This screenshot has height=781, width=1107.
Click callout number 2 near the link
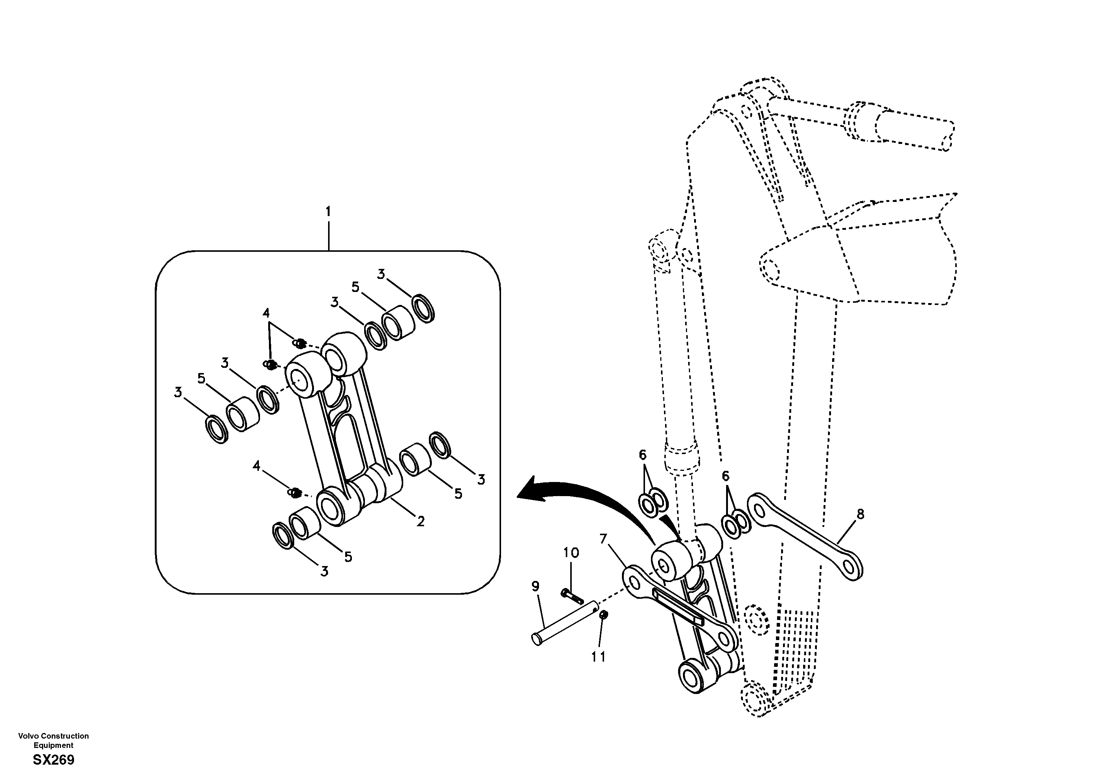(420, 521)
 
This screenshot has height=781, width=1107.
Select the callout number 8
(860, 514)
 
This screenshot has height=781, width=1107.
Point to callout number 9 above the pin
(535, 587)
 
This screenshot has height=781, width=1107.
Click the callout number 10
(571, 553)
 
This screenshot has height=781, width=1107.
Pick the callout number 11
(599, 657)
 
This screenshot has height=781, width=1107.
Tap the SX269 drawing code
(54, 760)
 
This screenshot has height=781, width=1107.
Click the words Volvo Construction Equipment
(54, 740)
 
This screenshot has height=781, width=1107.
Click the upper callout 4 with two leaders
(266, 313)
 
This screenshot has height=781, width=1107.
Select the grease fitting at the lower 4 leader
(295, 493)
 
